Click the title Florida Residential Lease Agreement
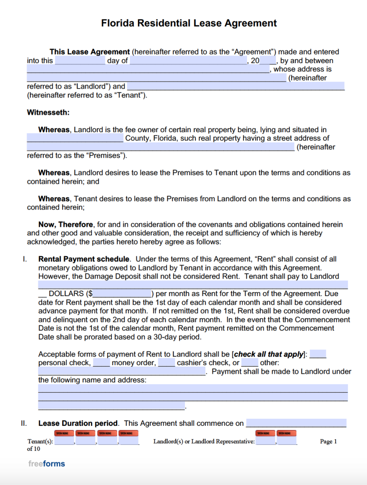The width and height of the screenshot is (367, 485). [189, 23]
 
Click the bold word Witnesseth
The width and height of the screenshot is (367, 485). [48, 113]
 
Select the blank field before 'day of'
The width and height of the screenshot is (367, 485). [80, 61]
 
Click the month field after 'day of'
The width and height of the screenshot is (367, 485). [188, 61]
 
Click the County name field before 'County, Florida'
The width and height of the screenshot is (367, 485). [75, 138]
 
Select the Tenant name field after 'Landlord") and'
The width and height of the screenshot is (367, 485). [236, 86]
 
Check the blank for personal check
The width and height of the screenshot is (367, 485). [318, 354]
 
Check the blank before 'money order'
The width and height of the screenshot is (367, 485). [101, 363]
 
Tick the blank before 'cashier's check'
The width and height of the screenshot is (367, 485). [166, 363]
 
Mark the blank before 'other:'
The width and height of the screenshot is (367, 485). [249, 363]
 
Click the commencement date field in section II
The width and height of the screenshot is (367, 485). [296, 423]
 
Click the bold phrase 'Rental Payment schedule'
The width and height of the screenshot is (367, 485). [84, 259]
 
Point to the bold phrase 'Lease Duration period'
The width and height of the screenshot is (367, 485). [78, 423]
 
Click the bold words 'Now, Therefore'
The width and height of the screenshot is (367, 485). [66, 225]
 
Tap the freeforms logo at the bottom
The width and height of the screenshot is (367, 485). [46, 464]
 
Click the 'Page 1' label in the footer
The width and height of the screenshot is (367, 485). [328, 441]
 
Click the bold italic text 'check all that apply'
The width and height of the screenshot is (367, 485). [268, 354]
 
